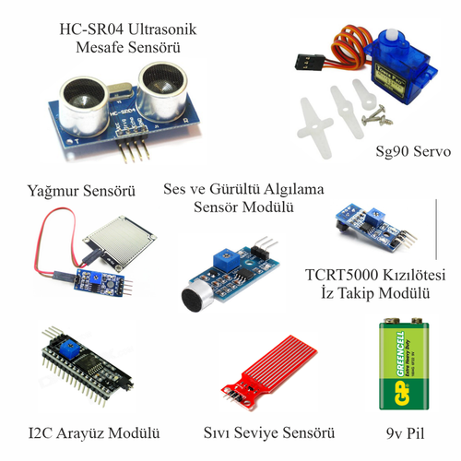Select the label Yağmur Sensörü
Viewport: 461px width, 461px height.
point(77,193)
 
